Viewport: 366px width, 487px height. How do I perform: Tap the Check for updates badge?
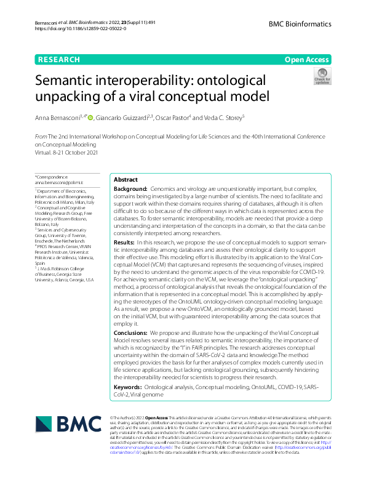[322, 76]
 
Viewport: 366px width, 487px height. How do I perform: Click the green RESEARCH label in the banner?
[59, 60]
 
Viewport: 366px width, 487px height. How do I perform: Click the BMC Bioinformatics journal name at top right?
[300, 24]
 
